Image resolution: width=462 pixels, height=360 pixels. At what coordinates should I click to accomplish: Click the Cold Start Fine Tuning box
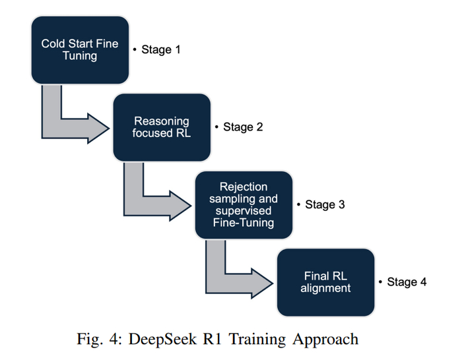click(x=79, y=49)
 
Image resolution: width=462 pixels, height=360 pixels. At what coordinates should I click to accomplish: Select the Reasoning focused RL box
click(x=162, y=127)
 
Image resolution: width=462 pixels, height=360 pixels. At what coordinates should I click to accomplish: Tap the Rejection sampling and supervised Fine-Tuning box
click(x=244, y=204)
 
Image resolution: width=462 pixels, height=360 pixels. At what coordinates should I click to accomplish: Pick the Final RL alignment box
click(x=325, y=282)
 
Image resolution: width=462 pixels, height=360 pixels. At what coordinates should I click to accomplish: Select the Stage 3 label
click(x=324, y=204)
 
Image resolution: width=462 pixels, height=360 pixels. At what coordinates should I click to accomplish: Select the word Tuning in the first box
click(x=79, y=56)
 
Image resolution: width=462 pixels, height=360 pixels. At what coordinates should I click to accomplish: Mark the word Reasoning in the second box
click(x=162, y=121)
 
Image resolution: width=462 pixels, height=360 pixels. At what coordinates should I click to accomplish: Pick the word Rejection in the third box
click(x=244, y=188)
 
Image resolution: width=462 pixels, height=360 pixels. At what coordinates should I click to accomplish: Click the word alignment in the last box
click(x=325, y=288)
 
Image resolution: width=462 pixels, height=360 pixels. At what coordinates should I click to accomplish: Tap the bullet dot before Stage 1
click(x=134, y=50)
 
